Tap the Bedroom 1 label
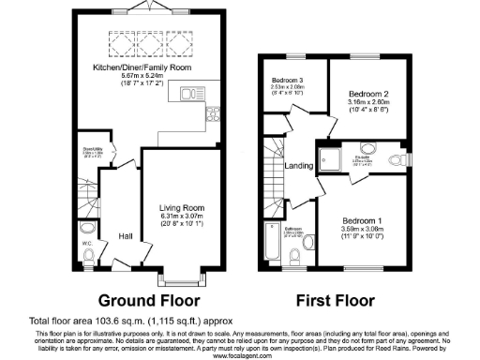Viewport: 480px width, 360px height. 367,219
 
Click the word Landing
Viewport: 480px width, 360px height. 299,167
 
